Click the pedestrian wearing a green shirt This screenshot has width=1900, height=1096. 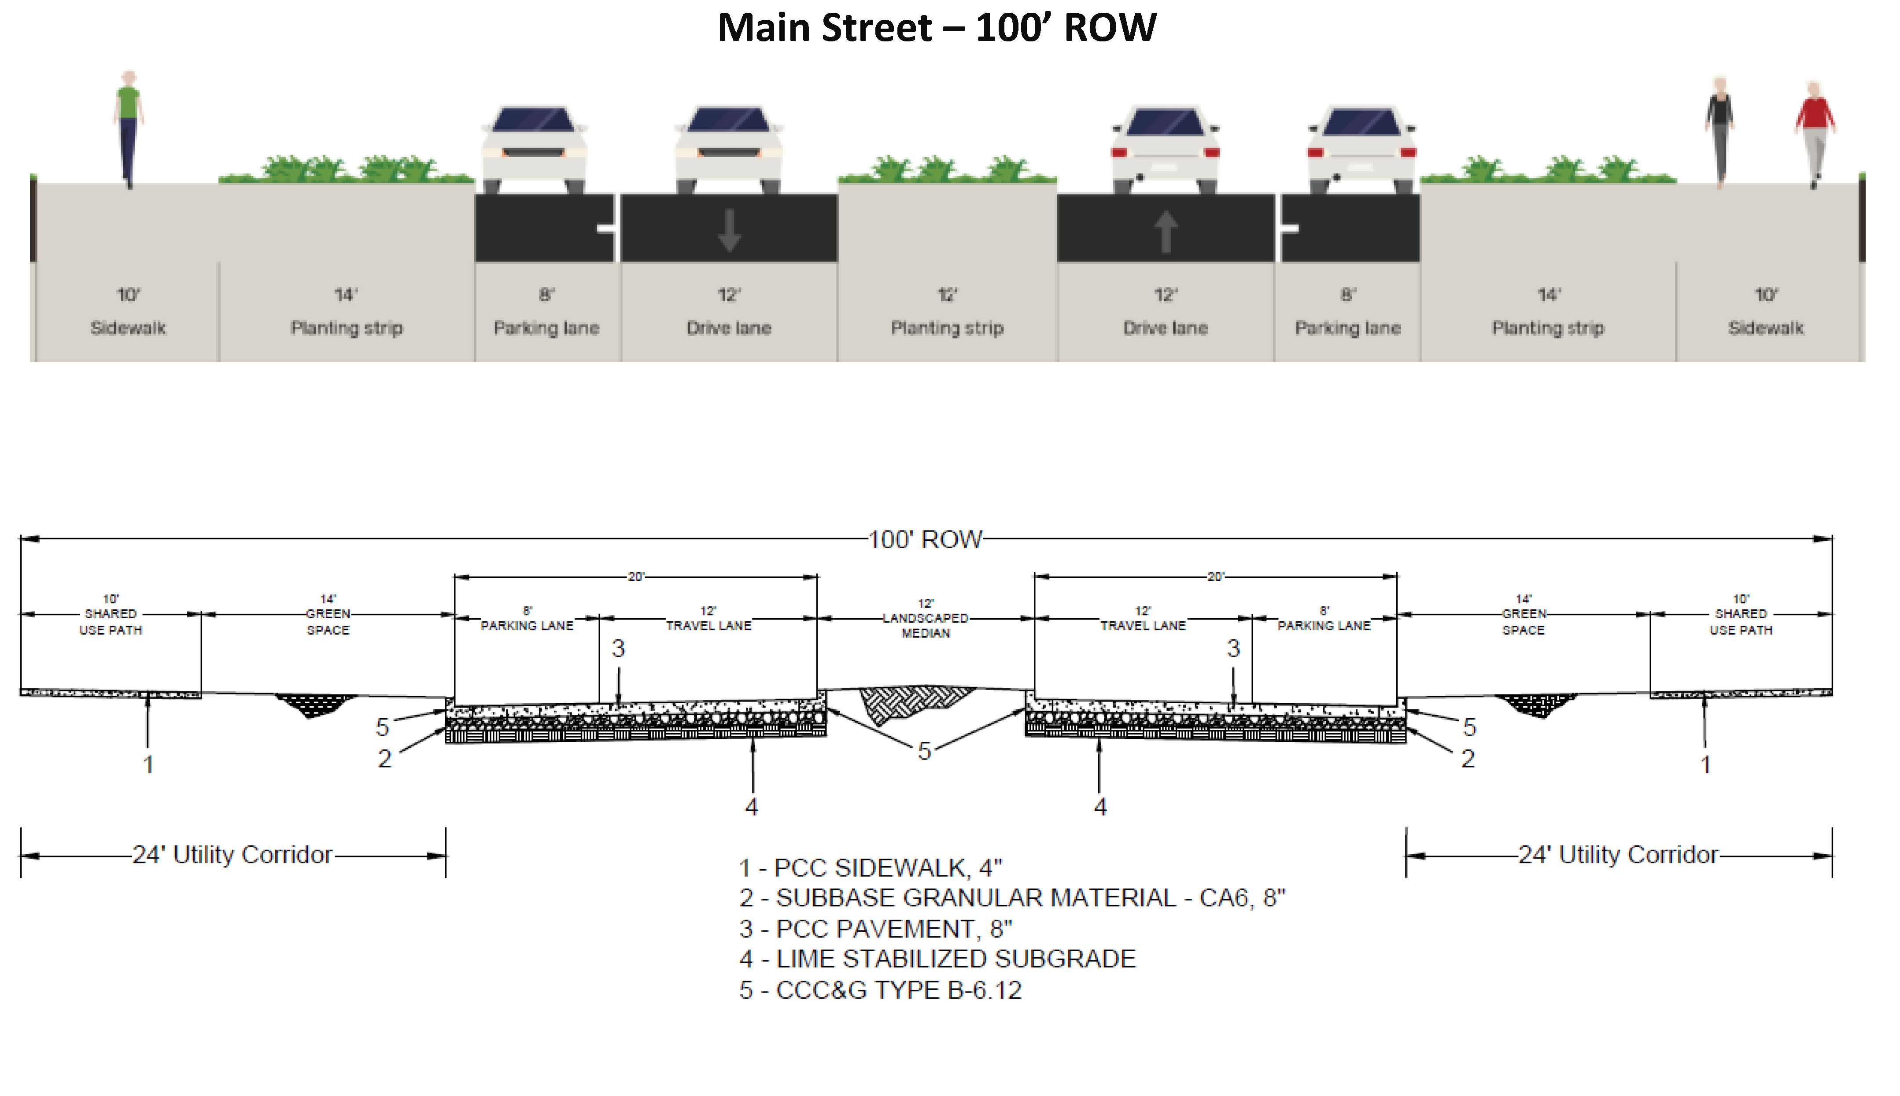[129, 128]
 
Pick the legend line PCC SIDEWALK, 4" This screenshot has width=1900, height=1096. [871, 868]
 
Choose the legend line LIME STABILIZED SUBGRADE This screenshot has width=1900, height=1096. [937, 959]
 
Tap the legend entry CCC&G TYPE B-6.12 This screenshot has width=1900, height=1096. [880, 990]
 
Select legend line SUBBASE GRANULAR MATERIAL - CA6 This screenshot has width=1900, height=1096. [1012, 898]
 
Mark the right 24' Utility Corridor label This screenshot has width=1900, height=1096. [1618, 855]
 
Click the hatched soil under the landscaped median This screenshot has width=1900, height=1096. [914, 703]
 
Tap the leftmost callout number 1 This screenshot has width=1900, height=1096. [148, 765]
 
